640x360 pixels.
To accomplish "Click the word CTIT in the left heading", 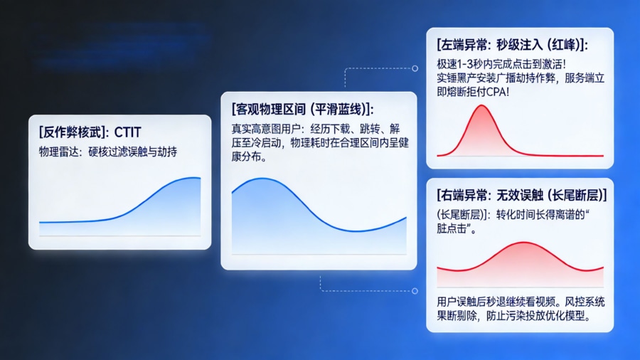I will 128,132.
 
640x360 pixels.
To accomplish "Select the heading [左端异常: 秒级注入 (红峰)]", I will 512,44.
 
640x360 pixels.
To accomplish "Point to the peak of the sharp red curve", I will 481,106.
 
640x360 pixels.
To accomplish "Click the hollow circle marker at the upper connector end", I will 415,69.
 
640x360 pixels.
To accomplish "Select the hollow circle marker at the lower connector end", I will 415,291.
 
